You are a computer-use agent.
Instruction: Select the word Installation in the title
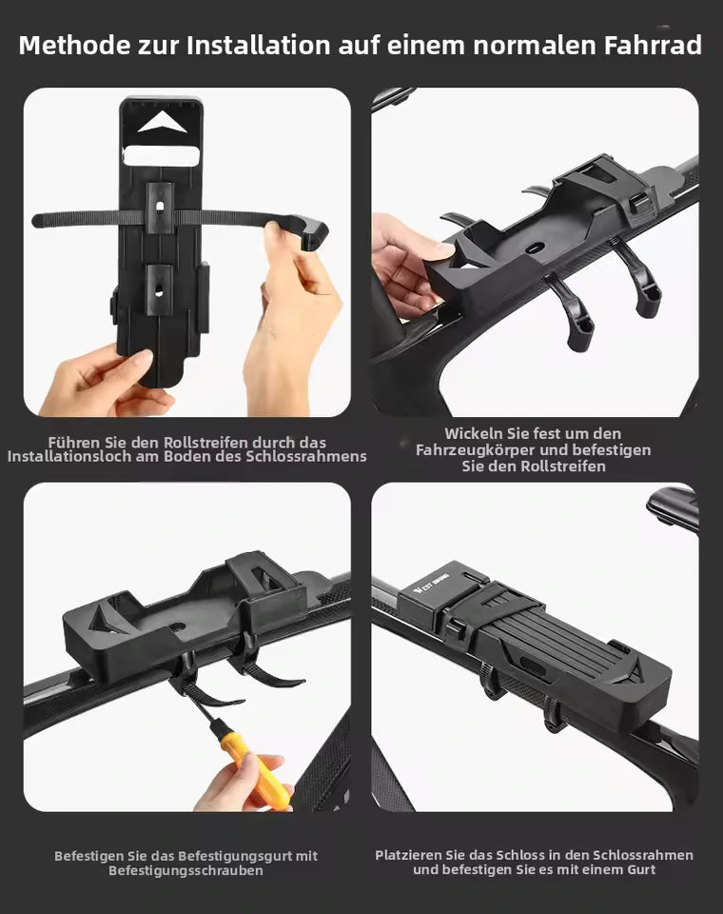pos(258,46)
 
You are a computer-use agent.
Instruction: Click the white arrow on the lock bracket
pos(162,124)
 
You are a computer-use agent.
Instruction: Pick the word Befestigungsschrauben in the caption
pos(186,870)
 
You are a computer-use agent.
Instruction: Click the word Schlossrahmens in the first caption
pos(306,456)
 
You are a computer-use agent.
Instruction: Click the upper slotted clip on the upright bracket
pos(160,208)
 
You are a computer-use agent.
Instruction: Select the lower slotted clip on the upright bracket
pos(159,289)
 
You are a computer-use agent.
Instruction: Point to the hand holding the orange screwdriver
pos(244,783)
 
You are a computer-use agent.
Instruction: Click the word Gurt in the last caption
pos(641,869)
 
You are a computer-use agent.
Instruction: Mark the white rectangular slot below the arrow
pos(162,156)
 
